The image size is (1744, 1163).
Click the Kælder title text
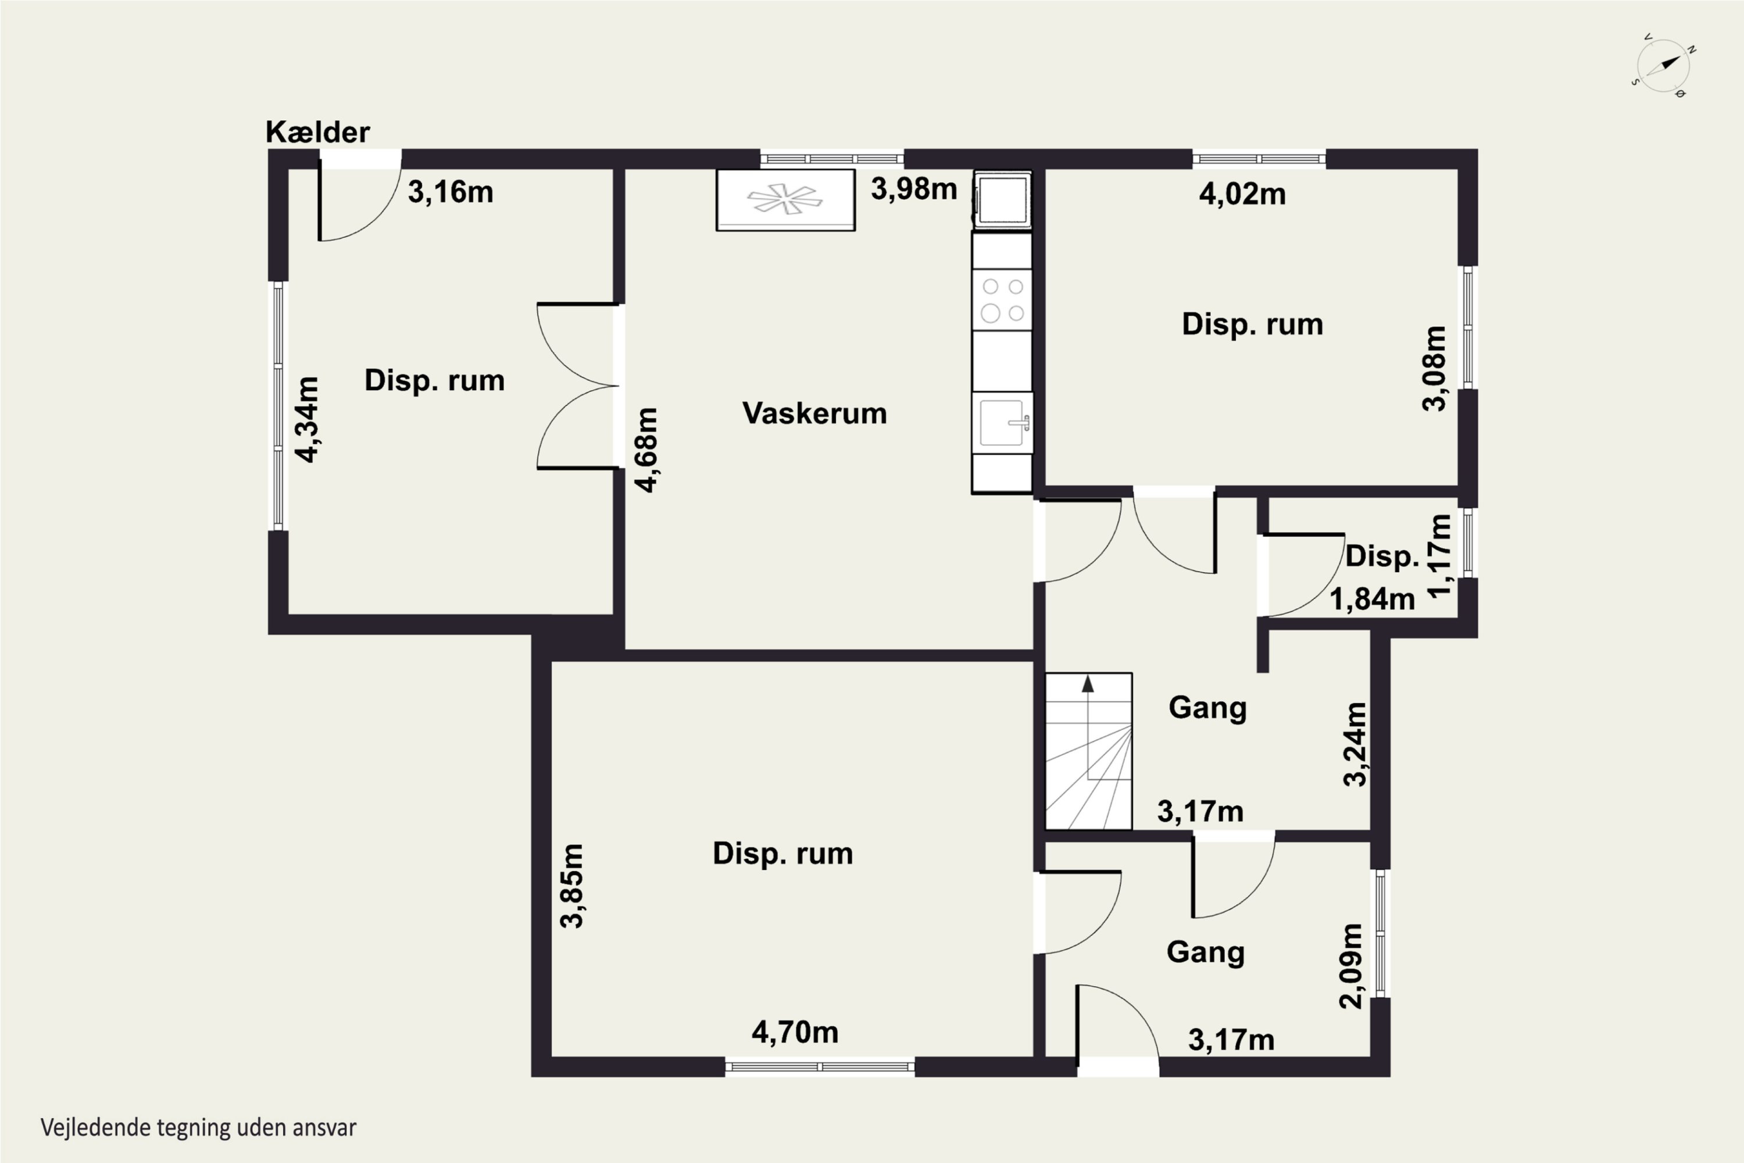point(317,132)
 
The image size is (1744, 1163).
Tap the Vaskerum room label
point(814,413)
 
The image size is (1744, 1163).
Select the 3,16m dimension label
point(450,192)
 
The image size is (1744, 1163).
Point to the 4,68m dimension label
point(646,449)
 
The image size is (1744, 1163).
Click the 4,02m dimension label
point(1242,194)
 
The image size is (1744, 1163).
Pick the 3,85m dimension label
point(571,886)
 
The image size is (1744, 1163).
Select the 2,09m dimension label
point(1350,966)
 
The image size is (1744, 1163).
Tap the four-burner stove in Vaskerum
point(1002,299)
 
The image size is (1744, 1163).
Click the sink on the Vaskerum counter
point(1002,423)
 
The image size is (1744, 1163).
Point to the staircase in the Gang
point(1088,751)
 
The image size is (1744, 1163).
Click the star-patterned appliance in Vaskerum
point(785,200)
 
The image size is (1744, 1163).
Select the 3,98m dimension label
point(913,189)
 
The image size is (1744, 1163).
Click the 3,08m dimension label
point(1434,368)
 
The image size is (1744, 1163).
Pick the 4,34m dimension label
point(307,419)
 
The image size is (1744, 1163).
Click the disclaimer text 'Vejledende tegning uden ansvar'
point(198,1128)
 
